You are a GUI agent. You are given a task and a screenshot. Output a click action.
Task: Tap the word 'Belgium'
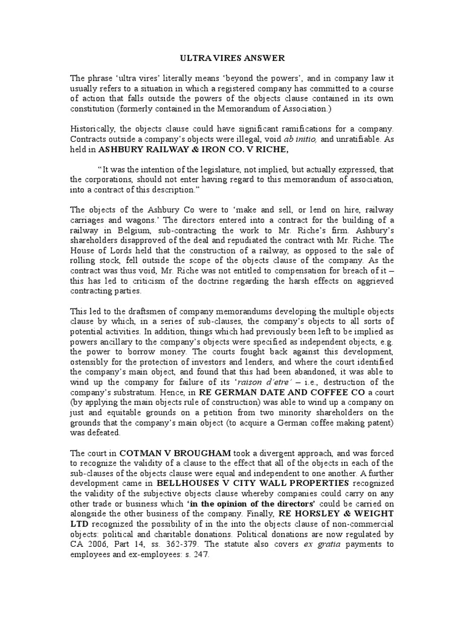click(x=136, y=230)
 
